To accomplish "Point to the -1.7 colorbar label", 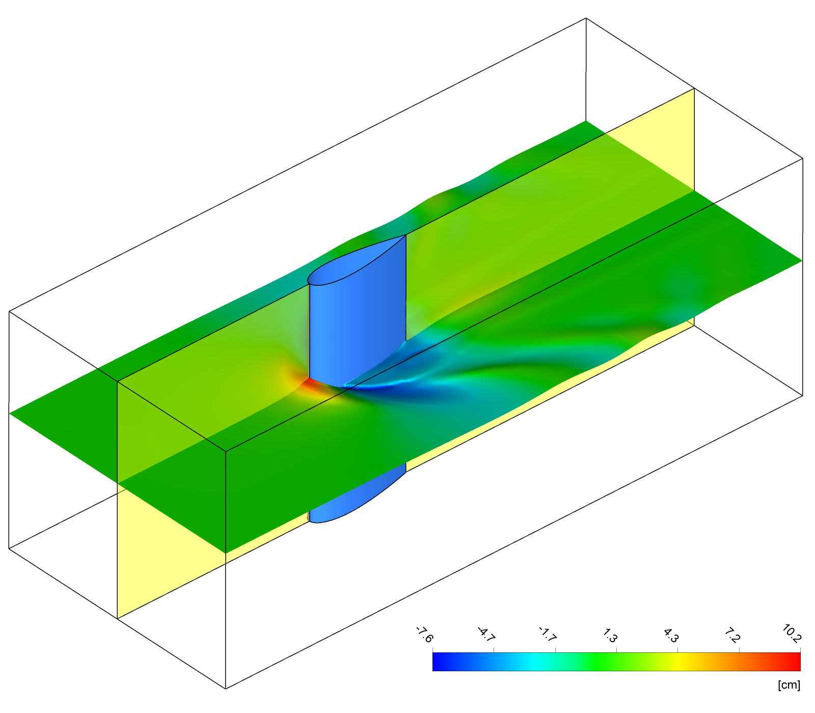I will tap(548, 635).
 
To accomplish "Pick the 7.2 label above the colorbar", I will tap(732, 635).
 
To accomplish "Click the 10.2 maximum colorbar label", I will tap(792, 634).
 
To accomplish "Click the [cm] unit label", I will tap(789, 685).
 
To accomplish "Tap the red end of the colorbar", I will tap(792, 662).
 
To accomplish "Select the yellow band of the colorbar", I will tap(678, 662).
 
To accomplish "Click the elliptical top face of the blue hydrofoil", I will tap(357, 260).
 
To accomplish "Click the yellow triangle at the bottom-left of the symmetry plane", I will tap(153, 550).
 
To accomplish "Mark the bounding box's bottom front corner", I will tap(226, 689).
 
